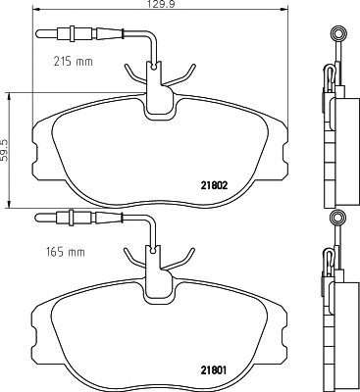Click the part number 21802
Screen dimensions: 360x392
point(213,186)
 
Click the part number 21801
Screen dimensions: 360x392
point(213,370)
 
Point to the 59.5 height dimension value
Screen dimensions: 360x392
point(4,150)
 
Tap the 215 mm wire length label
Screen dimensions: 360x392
point(73,61)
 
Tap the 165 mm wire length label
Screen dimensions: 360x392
point(64,252)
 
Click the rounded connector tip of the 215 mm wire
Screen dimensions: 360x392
point(40,32)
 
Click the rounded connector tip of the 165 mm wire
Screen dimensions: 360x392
point(40,217)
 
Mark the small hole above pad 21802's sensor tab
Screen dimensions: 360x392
point(153,67)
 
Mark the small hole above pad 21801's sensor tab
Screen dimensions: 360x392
point(153,251)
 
